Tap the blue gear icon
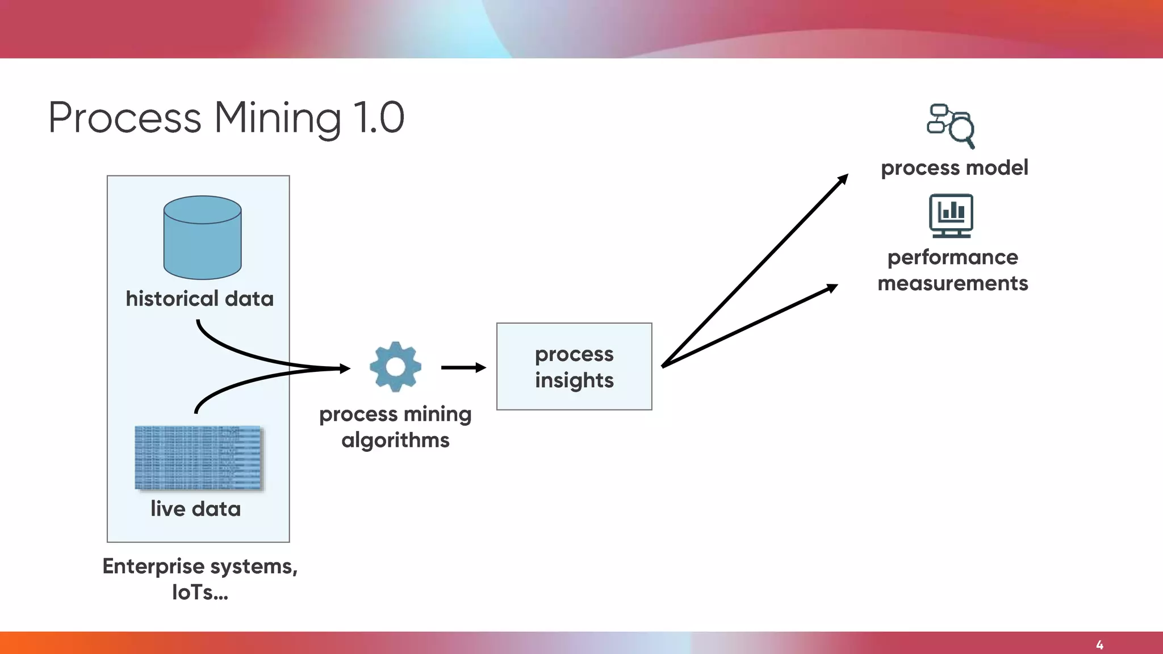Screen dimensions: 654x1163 395,367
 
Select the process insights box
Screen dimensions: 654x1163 574,367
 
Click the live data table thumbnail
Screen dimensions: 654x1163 199,458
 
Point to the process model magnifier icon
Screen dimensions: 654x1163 951,125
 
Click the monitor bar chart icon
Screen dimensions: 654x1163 951,215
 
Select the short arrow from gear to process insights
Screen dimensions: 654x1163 463,367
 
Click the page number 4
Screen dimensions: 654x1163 1099,645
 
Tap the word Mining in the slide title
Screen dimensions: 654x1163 277,118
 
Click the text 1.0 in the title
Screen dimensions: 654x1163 379,118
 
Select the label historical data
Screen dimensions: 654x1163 199,299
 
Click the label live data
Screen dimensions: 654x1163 195,509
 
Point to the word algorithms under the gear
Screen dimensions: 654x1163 395,440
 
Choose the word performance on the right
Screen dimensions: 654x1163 953,257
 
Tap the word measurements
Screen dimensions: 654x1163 953,283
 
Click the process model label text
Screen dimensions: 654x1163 954,167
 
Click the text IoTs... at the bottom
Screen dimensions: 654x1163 200,592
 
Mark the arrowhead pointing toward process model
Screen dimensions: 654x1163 843,179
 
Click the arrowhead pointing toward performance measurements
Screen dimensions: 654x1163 832,288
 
